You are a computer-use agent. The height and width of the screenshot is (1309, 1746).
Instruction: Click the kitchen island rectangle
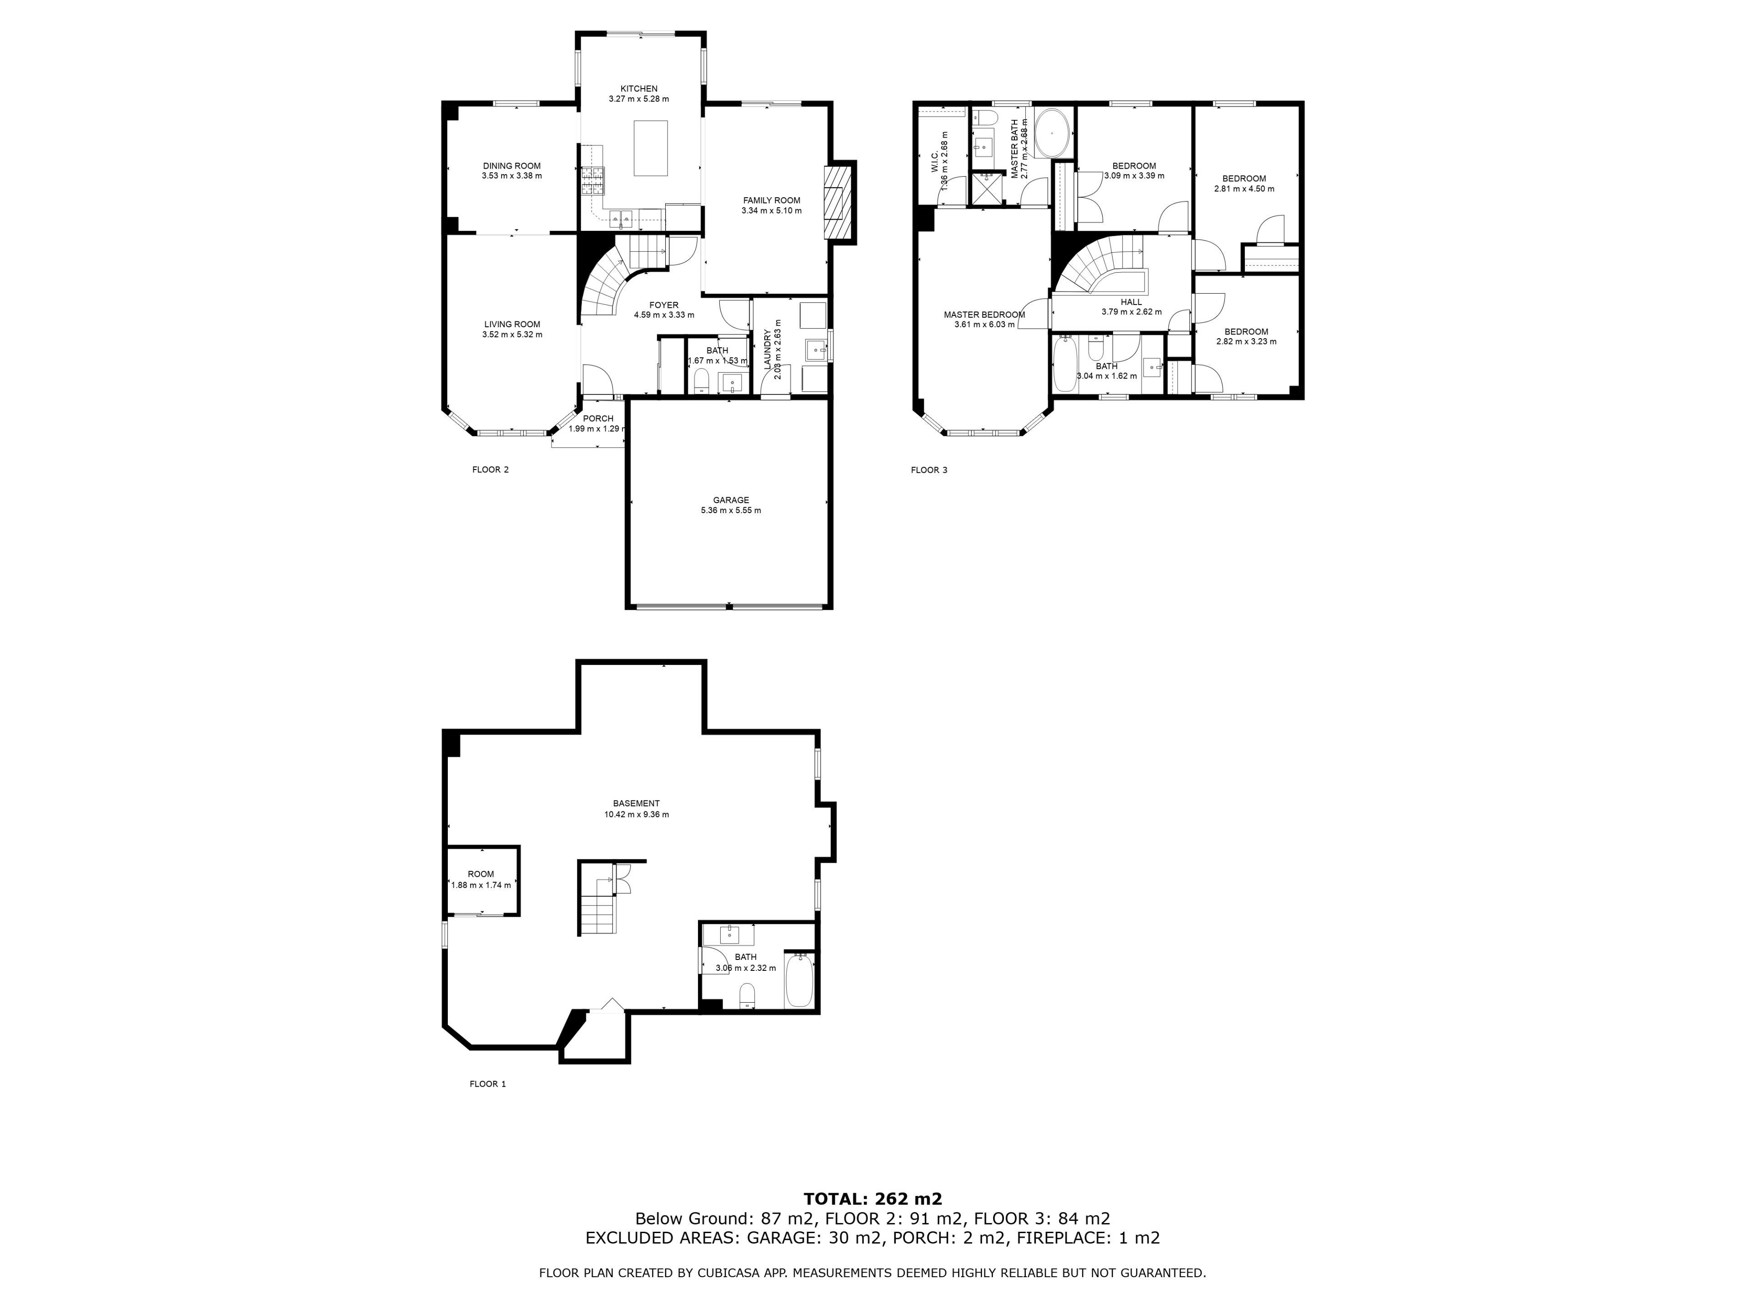(651, 148)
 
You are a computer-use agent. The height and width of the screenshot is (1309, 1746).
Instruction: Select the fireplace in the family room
(838, 201)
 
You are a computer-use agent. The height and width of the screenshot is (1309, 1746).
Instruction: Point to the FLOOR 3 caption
(929, 470)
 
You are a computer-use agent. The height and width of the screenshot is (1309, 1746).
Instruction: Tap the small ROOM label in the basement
(481, 874)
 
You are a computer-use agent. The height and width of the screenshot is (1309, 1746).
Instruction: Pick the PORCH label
(598, 418)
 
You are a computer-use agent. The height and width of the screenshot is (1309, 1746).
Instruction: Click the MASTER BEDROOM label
(984, 315)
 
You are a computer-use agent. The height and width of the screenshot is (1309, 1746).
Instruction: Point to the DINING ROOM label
(512, 166)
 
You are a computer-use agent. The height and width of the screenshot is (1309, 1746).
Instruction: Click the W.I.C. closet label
(934, 163)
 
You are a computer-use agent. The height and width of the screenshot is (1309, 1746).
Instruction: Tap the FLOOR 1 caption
(488, 1084)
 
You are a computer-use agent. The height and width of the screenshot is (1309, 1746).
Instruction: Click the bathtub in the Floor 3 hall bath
(1065, 364)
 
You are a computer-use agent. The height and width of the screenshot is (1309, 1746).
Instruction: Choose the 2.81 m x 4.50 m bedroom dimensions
(1244, 190)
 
